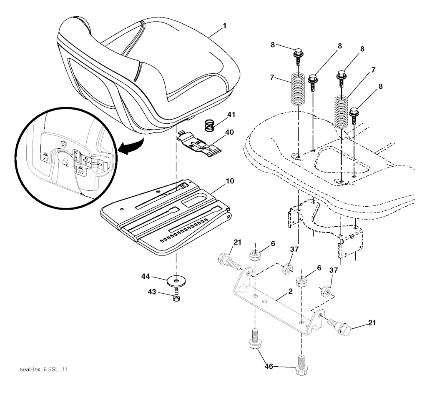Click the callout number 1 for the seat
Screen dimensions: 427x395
click(224, 26)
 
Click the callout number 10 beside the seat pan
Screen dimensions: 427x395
click(230, 181)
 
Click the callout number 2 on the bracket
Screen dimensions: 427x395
click(290, 291)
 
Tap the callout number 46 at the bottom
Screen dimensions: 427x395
click(269, 366)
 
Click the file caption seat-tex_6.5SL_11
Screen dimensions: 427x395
click(43, 370)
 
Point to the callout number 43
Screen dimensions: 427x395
click(152, 292)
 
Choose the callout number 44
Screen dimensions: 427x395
click(146, 276)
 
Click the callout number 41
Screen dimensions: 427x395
click(231, 115)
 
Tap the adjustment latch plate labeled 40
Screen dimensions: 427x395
click(200, 144)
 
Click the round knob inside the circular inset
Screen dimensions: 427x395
click(65, 161)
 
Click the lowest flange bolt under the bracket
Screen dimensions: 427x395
click(301, 365)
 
